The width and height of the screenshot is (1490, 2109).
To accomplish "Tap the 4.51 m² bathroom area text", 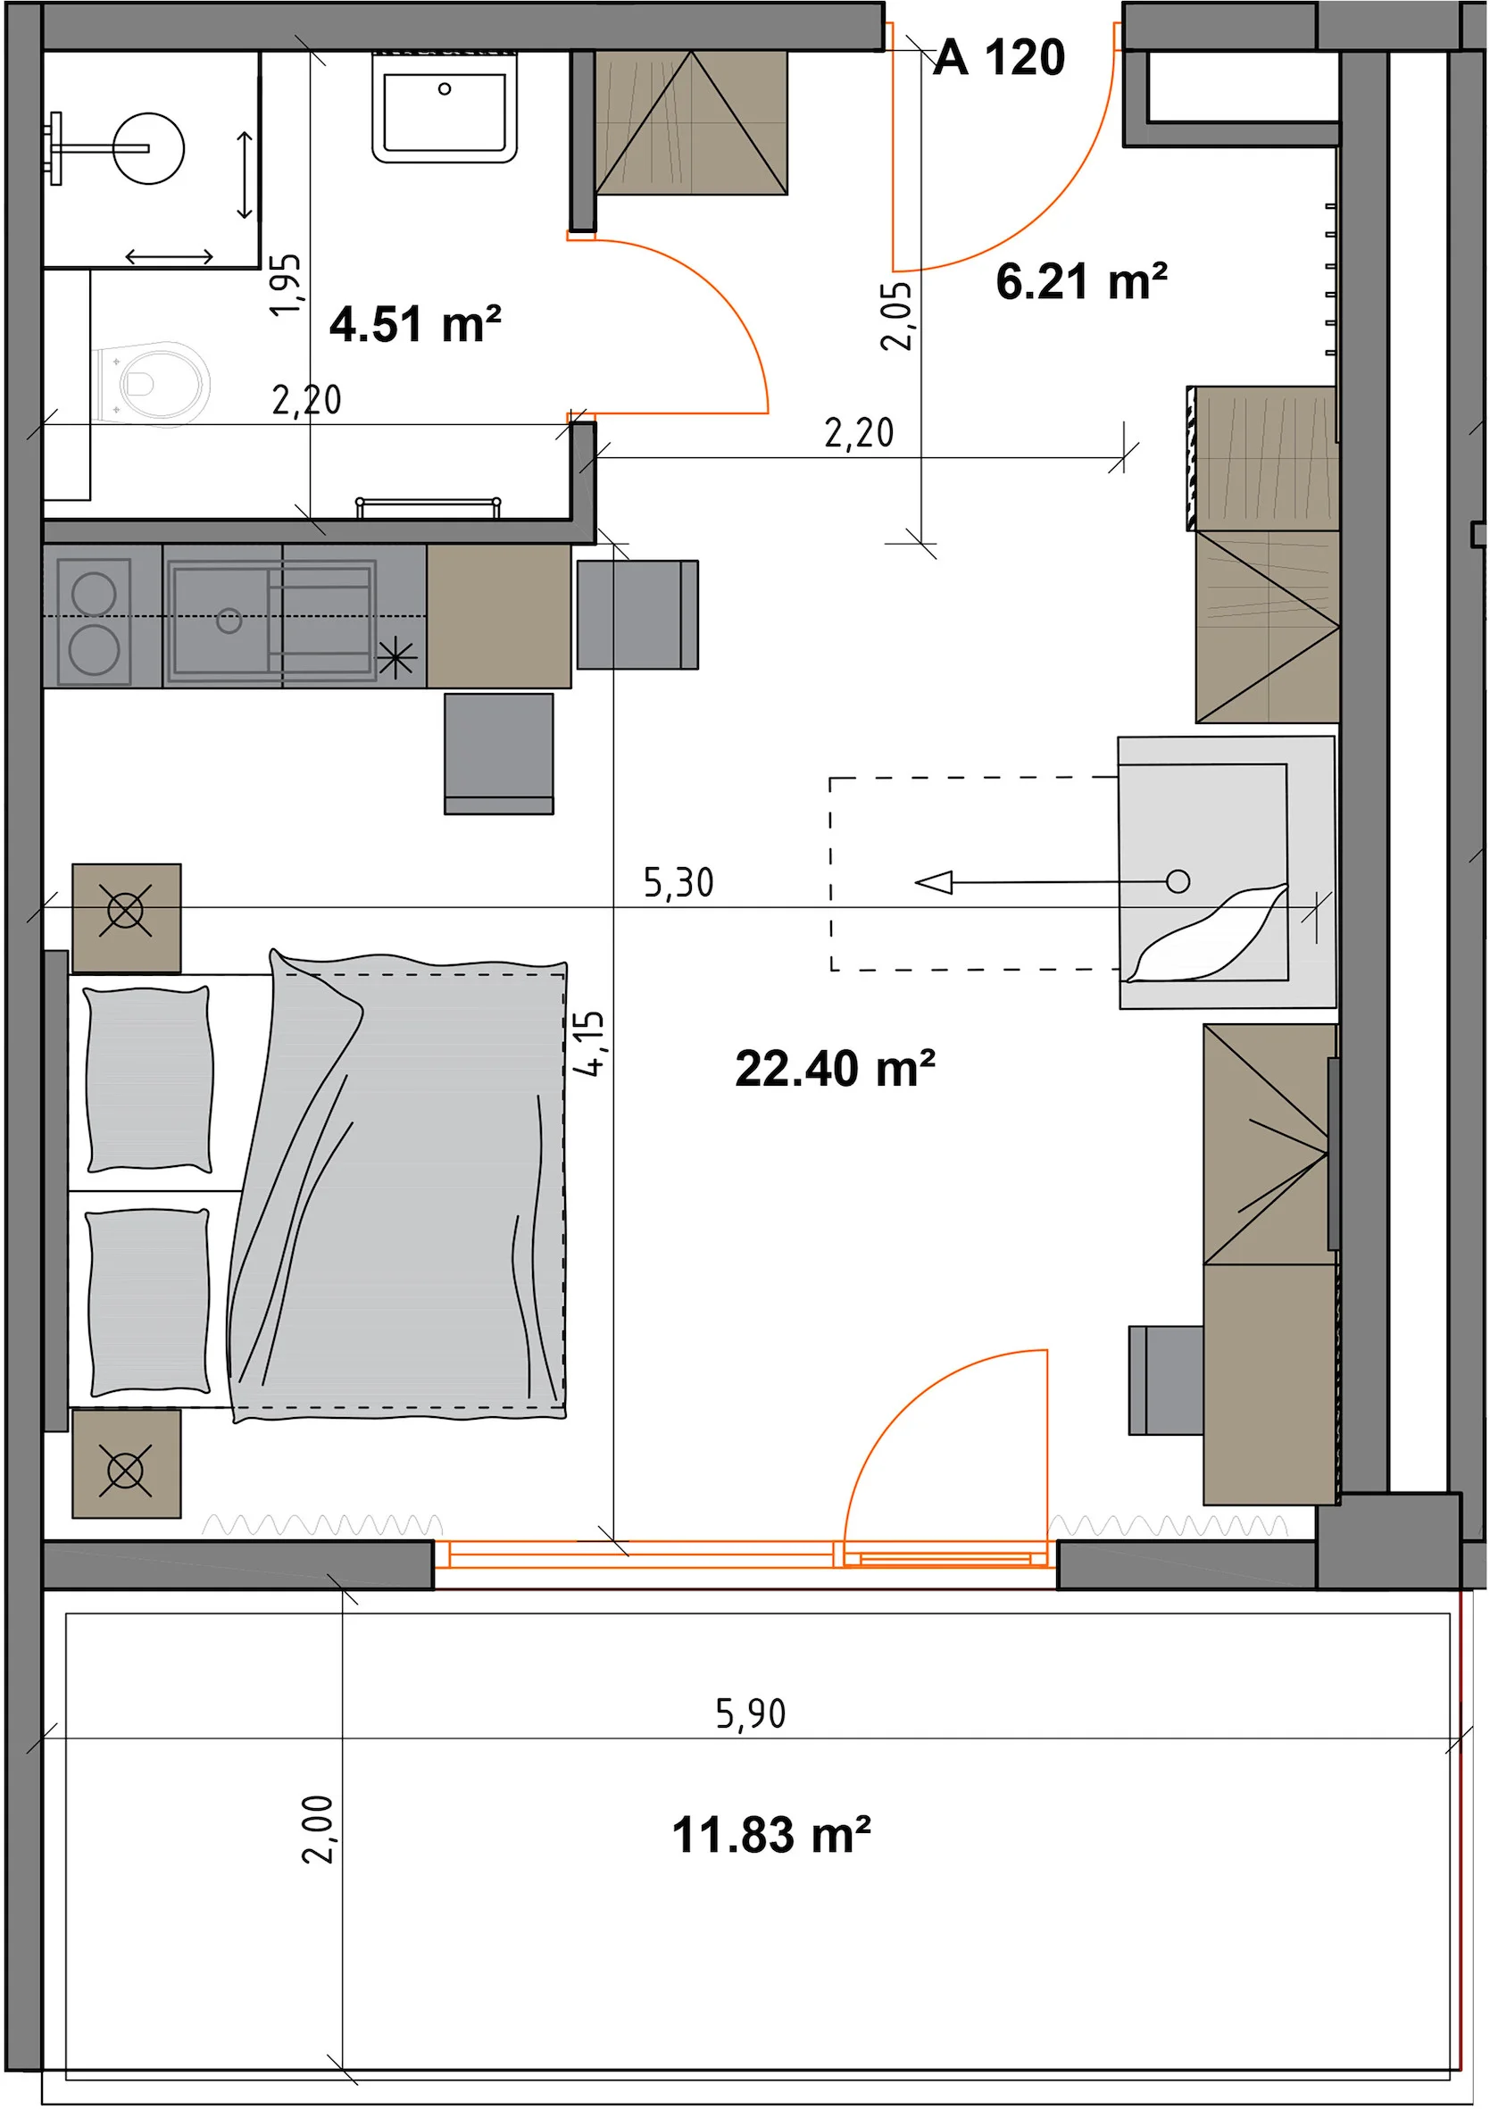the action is point(415,324).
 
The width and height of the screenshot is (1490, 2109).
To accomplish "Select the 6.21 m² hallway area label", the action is point(1081,281).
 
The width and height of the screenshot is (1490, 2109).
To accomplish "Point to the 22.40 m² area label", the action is point(835,1068).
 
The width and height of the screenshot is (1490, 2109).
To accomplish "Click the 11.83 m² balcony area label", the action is point(771,1834).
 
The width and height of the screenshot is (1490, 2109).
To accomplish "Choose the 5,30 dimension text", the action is point(678,883).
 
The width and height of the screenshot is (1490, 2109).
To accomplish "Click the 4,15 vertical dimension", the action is point(589,1044).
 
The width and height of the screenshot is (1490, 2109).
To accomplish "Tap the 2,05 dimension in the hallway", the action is point(896,317).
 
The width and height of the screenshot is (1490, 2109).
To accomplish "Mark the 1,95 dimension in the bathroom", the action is point(286,285).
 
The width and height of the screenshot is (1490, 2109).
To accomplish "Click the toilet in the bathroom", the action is point(151,384).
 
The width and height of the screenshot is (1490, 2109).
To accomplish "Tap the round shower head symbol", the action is point(150,148).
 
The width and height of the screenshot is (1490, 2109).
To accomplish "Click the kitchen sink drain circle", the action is point(229,621).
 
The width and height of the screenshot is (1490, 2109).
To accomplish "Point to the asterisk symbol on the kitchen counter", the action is point(397,658).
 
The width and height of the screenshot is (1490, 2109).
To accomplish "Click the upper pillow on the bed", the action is point(149,1080).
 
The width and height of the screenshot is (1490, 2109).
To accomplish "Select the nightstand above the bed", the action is point(127,918).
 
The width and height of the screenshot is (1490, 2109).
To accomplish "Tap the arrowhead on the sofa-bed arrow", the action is point(934,883).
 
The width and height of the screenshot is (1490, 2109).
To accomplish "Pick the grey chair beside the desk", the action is point(1166,1380).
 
